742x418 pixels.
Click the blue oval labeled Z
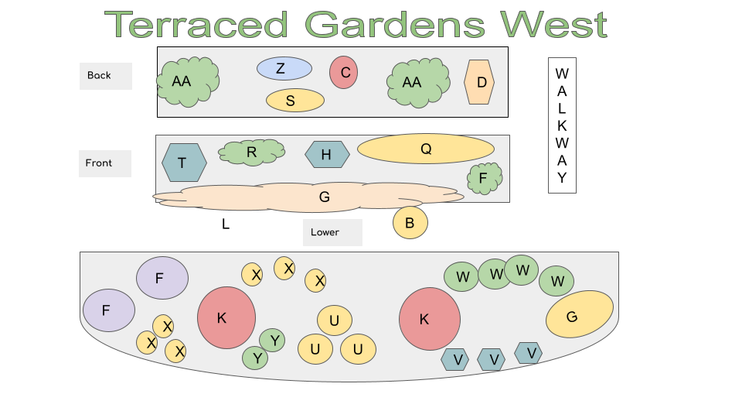[x=284, y=69]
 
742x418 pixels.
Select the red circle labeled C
[x=343, y=73]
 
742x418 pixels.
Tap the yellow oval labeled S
[x=295, y=101]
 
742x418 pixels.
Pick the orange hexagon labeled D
[x=479, y=82]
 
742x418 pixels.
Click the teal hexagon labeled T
[x=184, y=163]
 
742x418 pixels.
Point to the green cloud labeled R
[x=252, y=152]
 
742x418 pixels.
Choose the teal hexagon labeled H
[x=328, y=155]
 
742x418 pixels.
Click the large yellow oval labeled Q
[x=426, y=149]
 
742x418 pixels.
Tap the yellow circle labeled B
[x=410, y=222]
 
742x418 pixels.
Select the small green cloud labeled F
[x=485, y=178]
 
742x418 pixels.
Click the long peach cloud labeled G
[x=308, y=197]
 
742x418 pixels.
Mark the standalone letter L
[x=226, y=224]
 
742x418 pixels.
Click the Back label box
[x=106, y=76]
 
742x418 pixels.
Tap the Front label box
[x=105, y=163]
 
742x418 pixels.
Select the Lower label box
[x=332, y=232]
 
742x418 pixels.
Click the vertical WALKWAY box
[x=562, y=125]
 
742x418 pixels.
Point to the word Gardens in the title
[x=395, y=25]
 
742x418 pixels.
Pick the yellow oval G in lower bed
[x=580, y=314]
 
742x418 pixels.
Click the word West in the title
[x=554, y=25]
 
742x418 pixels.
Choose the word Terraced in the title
[x=196, y=25]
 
